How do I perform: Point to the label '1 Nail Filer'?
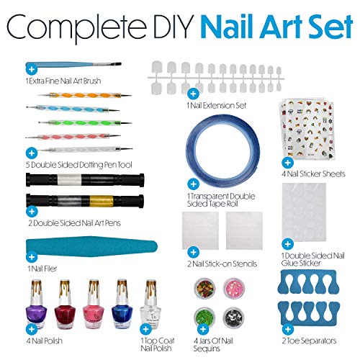pos(41,267)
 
